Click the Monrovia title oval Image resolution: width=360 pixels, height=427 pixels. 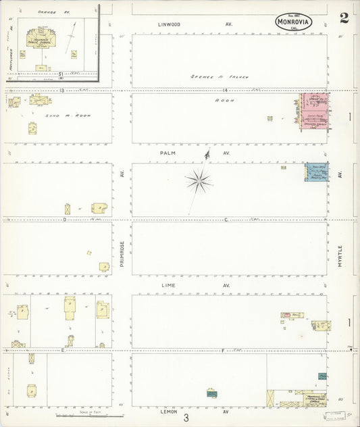[x=294, y=22]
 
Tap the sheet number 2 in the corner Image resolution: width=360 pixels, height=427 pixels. [x=344, y=18]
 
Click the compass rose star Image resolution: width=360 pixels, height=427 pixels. [x=199, y=180]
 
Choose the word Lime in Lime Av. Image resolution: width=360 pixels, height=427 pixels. [x=167, y=285]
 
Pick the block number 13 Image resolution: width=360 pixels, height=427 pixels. [x=61, y=89]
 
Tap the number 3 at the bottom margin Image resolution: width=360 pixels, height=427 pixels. [x=186, y=418]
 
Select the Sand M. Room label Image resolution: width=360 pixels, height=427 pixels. [x=67, y=116]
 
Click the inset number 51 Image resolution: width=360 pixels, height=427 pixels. [x=61, y=73]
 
